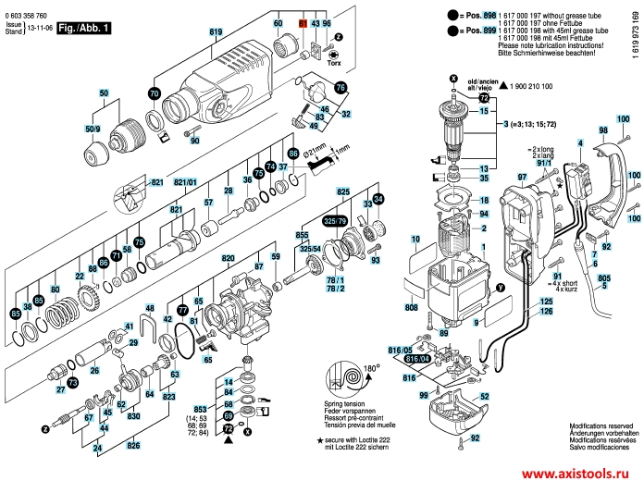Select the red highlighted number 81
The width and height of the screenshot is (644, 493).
click(302, 22)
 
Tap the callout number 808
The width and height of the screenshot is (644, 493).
click(411, 306)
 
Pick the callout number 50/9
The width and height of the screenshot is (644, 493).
click(93, 127)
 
